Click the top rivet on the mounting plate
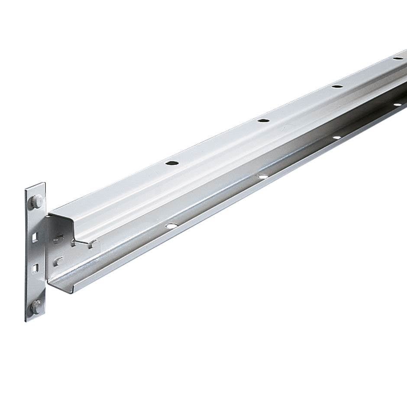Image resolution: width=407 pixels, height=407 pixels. tap(36, 201)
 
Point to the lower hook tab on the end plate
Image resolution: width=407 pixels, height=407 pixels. tap(58, 261)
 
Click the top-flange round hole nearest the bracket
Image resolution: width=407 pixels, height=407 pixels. tap(172, 163)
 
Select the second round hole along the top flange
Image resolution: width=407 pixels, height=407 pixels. tap(263, 120)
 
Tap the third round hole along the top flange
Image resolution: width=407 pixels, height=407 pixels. tap(337, 86)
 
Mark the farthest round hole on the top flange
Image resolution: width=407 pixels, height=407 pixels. tap(397, 58)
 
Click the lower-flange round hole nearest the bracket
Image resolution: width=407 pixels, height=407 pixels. tap(171, 226)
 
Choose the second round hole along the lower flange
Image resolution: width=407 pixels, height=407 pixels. tap(262, 176)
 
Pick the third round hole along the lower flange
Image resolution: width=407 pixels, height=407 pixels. tap(336, 137)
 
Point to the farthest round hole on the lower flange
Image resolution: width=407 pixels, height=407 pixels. tap(397, 104)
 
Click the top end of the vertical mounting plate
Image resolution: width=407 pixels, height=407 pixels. tap(35, 185)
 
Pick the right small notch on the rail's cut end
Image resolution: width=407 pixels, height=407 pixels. tap(92, 245)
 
